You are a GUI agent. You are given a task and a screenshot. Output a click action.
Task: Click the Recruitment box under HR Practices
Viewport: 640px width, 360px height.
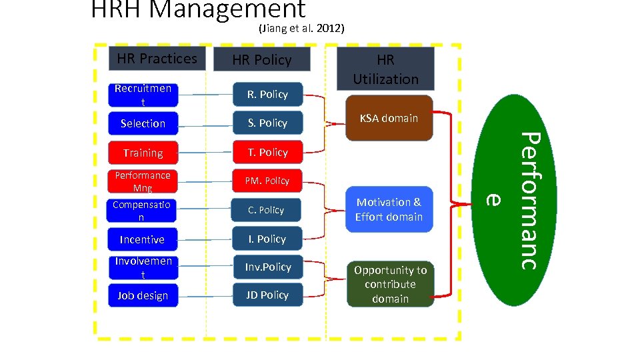tap(143, 95)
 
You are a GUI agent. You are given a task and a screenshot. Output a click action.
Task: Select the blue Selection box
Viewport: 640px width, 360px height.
tap(143, 123)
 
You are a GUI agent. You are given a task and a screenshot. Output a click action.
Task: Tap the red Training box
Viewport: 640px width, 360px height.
tap(143, 153)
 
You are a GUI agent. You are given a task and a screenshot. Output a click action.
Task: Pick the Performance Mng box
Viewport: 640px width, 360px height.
tap(143, 181)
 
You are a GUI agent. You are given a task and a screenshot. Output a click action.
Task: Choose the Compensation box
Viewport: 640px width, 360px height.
tap(143, 211)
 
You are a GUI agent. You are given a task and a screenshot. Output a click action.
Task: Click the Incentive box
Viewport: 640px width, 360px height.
tap(143, 239)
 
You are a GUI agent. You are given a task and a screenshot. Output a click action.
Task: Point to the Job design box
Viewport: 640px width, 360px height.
tap(143, 295)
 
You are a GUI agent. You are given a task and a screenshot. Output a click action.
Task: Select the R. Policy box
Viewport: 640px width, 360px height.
tap(267, 95)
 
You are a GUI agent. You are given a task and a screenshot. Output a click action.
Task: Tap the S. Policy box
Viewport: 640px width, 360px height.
tap(267, 123)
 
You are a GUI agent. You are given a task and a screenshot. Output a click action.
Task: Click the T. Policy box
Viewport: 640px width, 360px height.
tap(267, 152)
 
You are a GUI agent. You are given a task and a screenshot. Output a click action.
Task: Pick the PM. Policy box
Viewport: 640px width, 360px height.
tap(267, 181)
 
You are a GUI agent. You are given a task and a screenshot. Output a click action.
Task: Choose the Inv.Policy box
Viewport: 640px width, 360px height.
tap(267, 267)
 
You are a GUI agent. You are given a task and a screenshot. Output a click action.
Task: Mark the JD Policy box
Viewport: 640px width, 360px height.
tap(267, 295)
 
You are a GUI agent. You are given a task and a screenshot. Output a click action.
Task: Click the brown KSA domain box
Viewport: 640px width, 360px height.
tap(389, 118)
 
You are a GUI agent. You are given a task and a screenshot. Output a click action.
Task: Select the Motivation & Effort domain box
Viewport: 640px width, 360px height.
tap(389, 209)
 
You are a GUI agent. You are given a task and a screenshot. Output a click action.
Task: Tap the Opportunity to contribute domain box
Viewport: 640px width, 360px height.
tap(390, 284)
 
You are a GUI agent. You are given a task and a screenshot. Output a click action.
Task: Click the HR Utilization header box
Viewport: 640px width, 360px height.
tap(385, 69)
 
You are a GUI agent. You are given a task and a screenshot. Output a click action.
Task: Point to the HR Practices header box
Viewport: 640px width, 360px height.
tap(157, 59)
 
